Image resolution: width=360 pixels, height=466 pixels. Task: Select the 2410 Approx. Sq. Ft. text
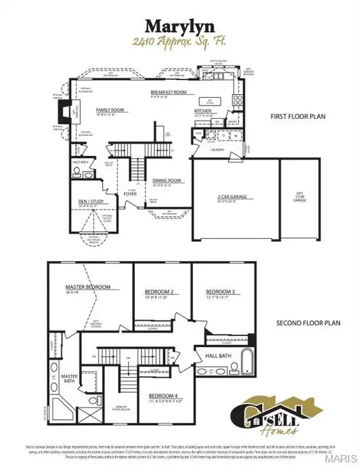180,42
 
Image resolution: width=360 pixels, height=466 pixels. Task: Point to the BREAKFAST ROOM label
168,93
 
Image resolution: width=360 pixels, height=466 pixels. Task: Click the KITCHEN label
203,112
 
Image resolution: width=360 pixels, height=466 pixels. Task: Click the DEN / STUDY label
84,201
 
